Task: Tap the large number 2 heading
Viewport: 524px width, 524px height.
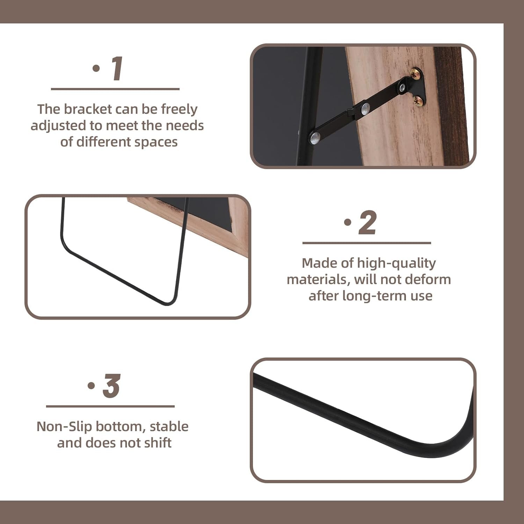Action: [x=367, y=223]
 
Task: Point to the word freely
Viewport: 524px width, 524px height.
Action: [x=179, y=109]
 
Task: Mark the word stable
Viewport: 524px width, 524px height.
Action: [x=169, y=427]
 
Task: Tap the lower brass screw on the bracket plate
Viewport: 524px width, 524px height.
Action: [x=418, y=101]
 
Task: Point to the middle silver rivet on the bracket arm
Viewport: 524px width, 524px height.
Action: [x=365, y=109]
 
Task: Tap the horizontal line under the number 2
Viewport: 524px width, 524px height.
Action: [x=366, y=243]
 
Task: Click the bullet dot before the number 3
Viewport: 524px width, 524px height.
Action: [x=91, y=386]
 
